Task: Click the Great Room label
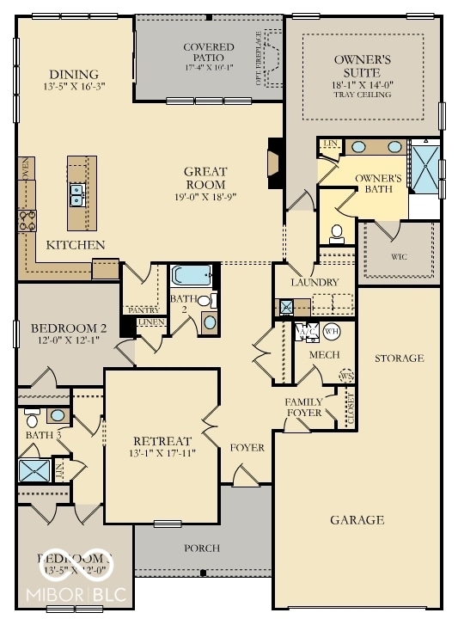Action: [x=205, y=178]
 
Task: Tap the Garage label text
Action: [x=357, y=520]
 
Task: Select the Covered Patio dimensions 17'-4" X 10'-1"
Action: [x=208, y=67]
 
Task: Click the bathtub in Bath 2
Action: [x=190, y=275]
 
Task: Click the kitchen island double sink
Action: [x=77, y=195]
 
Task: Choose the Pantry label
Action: [x=140, y=309]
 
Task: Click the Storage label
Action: [x=400, y=358]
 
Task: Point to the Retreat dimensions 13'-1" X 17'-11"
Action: [x=162, y=453]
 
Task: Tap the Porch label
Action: [x=202, y=548]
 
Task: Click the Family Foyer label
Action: [x=303, y=407]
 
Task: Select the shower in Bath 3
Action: [x=36, y=469]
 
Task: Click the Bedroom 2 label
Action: [x=68, y=328]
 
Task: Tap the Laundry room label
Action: [x=314, y=282]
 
